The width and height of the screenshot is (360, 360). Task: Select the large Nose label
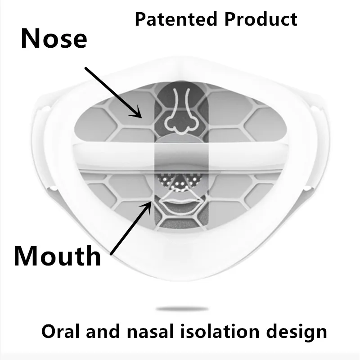click(x=54, y=39)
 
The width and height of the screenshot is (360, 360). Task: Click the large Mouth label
click(x=57, y=256)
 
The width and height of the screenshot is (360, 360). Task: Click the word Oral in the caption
click(x=60, y=332)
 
